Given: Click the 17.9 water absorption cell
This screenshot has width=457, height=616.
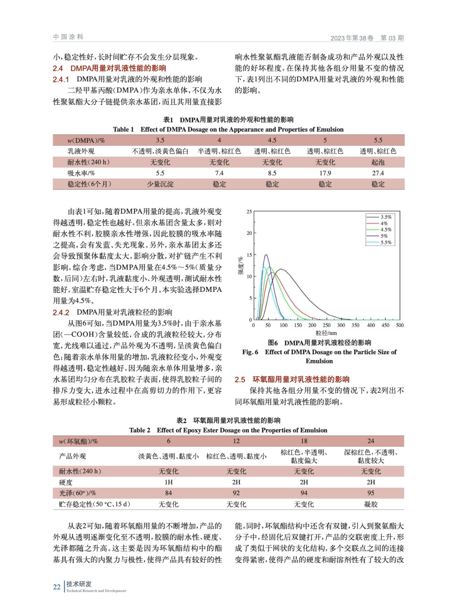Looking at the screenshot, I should pos(325,173).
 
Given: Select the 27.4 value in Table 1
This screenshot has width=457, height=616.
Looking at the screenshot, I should pos(378,173).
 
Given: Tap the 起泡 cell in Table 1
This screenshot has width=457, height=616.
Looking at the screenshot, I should pos(378,162).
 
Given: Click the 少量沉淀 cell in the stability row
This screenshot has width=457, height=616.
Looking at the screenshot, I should pos(160,184).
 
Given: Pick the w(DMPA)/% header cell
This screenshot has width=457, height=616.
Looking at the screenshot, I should pos(86,140).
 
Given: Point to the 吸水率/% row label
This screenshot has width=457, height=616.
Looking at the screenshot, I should pos(81,173).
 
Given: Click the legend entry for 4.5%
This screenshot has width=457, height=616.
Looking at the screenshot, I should pos(386,229).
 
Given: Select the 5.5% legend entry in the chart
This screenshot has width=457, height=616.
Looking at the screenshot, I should pos(386,243).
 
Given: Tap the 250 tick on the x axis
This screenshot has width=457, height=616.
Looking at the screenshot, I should pos(326,325).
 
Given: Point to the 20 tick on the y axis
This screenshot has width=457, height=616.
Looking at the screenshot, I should pos(249,233).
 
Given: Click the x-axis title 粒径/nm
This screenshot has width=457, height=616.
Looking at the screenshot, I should pos(326,333).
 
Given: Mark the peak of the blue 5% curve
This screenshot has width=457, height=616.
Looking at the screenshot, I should pos(266,254).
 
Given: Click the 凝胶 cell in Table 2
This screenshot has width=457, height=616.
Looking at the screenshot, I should pos(371,504).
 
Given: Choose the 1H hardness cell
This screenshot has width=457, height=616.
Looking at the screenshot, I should pos(169,482).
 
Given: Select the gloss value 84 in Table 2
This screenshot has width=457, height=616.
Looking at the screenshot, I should pos(169,493).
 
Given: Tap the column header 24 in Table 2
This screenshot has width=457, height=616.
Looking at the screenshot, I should pos(371,441).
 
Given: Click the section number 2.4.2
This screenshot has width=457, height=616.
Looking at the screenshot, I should pos(61,313).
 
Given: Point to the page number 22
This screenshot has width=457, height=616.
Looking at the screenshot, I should pos(57,587).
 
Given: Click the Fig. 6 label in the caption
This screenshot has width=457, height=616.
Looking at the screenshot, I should pos(250,352).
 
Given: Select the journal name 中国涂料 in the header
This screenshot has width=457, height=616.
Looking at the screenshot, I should pos(68,37).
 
